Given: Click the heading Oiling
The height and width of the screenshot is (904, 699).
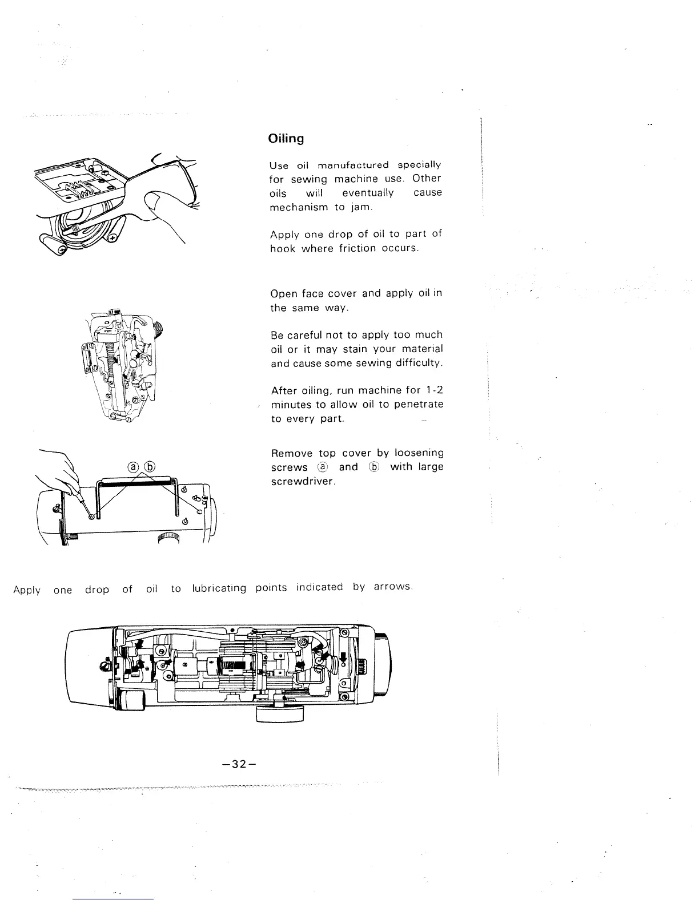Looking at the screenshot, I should coord(286,139).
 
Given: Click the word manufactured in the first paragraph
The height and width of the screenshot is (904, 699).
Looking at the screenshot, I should coord(353,165).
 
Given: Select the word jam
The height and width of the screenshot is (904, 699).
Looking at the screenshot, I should coord(361,207).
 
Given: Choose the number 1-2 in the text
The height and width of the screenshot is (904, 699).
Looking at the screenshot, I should coord(433,390).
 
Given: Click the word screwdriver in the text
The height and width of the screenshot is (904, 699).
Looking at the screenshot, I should coord(302,482).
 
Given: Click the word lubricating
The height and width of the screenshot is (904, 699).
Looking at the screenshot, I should coord(219,588).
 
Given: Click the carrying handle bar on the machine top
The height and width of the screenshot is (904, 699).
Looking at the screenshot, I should coord(137,482).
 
